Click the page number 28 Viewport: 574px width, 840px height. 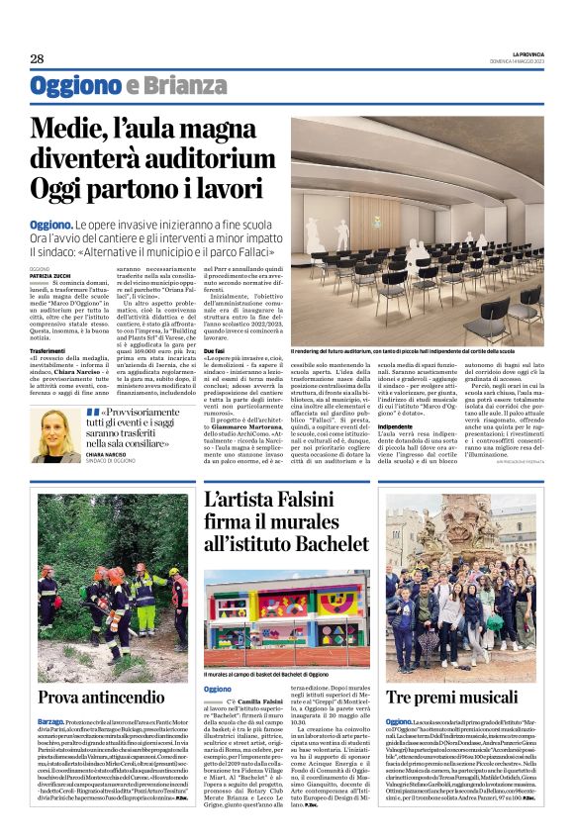point(37,57)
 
